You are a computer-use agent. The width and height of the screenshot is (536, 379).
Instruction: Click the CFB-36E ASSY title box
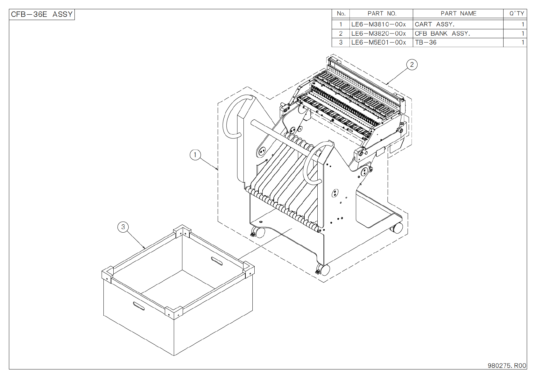click(x=42, y=14)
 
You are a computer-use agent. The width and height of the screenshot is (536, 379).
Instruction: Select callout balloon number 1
click(x=195, y=155)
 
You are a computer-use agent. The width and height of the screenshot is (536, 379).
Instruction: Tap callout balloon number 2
click(x=412, y=65)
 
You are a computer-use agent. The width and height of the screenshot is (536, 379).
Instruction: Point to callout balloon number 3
click(x=123, y=227)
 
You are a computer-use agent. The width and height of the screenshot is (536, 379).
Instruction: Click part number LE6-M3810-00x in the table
click(x=378, y=25)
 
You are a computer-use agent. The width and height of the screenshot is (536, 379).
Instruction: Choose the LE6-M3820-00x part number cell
click(x=378, y=33)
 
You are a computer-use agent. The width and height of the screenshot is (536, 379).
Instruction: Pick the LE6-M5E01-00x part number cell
click(x=378, y=42)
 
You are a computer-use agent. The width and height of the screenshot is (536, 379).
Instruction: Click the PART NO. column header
click(x=382, y=14)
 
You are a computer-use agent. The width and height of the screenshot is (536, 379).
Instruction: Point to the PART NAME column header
click(x=458, y=14)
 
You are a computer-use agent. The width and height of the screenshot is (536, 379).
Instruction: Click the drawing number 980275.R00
click(x=507, y=366)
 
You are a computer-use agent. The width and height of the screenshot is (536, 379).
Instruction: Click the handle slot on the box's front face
click(x=139, y=306)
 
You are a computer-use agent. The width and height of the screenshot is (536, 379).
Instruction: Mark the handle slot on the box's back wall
click(x=217, y=261)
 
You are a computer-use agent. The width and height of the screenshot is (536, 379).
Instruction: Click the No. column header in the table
click(x=341, y=14)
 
